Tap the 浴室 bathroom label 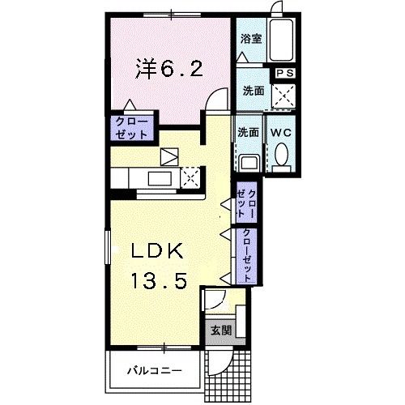click(249, 38)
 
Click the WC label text click(281, 131)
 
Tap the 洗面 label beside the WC click(248, 131)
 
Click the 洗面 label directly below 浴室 click(253, 91)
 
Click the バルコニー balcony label click(154, 373)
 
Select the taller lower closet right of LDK click(245, 254)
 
